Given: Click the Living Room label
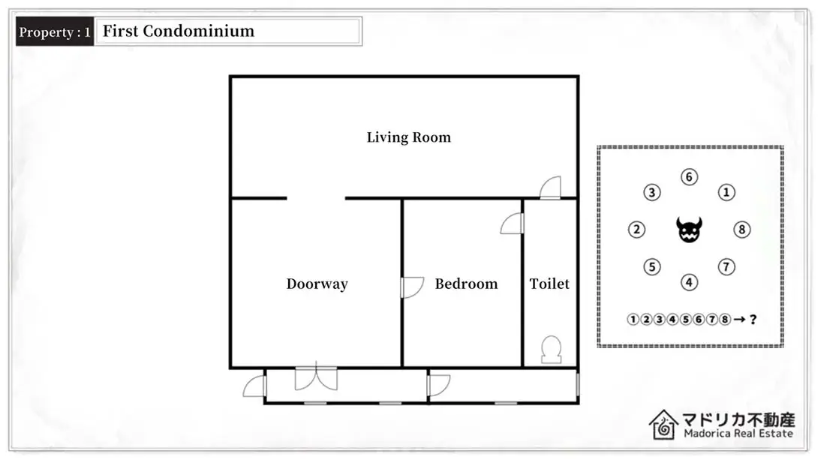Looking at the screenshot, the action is (x=408, y=137).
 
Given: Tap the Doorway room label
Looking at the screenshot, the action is (x=317, y=284).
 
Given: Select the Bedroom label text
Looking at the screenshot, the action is (x=466, y=284).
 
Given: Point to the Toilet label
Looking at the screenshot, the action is (x=549, y=284).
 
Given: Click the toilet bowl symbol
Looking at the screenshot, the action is (x=551, y=350).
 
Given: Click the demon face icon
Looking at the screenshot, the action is (x=689, y=230).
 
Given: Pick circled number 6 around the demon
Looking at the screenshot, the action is (x=689, y=177).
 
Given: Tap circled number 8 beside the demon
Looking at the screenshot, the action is (x=742, y=230).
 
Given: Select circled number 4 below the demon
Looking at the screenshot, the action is (x=689, y=282).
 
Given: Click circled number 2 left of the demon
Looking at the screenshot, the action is (x=636, y=230).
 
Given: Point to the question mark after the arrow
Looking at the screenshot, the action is (x=753, y=319).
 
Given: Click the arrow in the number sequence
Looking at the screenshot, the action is (x=739, y=319).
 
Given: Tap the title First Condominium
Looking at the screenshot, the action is (x=179, y=32).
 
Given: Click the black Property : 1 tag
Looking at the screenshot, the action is (x=55, y=32).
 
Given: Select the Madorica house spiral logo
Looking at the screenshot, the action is (x=663, y=425).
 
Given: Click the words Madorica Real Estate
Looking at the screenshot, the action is (x=738, y=434).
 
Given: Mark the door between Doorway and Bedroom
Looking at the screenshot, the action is (x=412, y=287).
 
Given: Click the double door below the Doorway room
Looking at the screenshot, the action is (x=316, y=375).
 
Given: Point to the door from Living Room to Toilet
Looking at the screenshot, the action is (x=550, y=188).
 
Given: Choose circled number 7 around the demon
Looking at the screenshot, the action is (x=726, y=267).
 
